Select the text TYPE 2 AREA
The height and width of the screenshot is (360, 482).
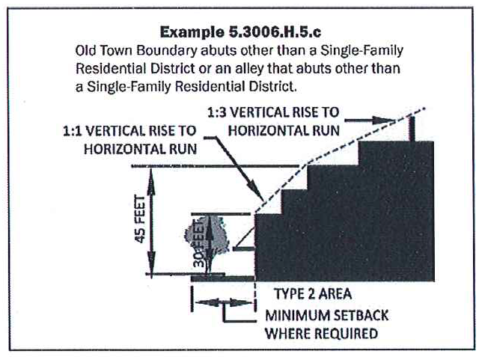[314, 292]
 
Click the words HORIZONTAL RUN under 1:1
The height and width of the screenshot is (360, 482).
[140, 147]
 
